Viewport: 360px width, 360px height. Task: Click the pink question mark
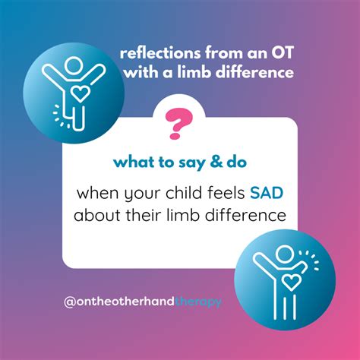180,121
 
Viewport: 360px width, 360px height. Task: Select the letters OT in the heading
280,54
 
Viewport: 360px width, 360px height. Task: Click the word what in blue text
132,162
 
